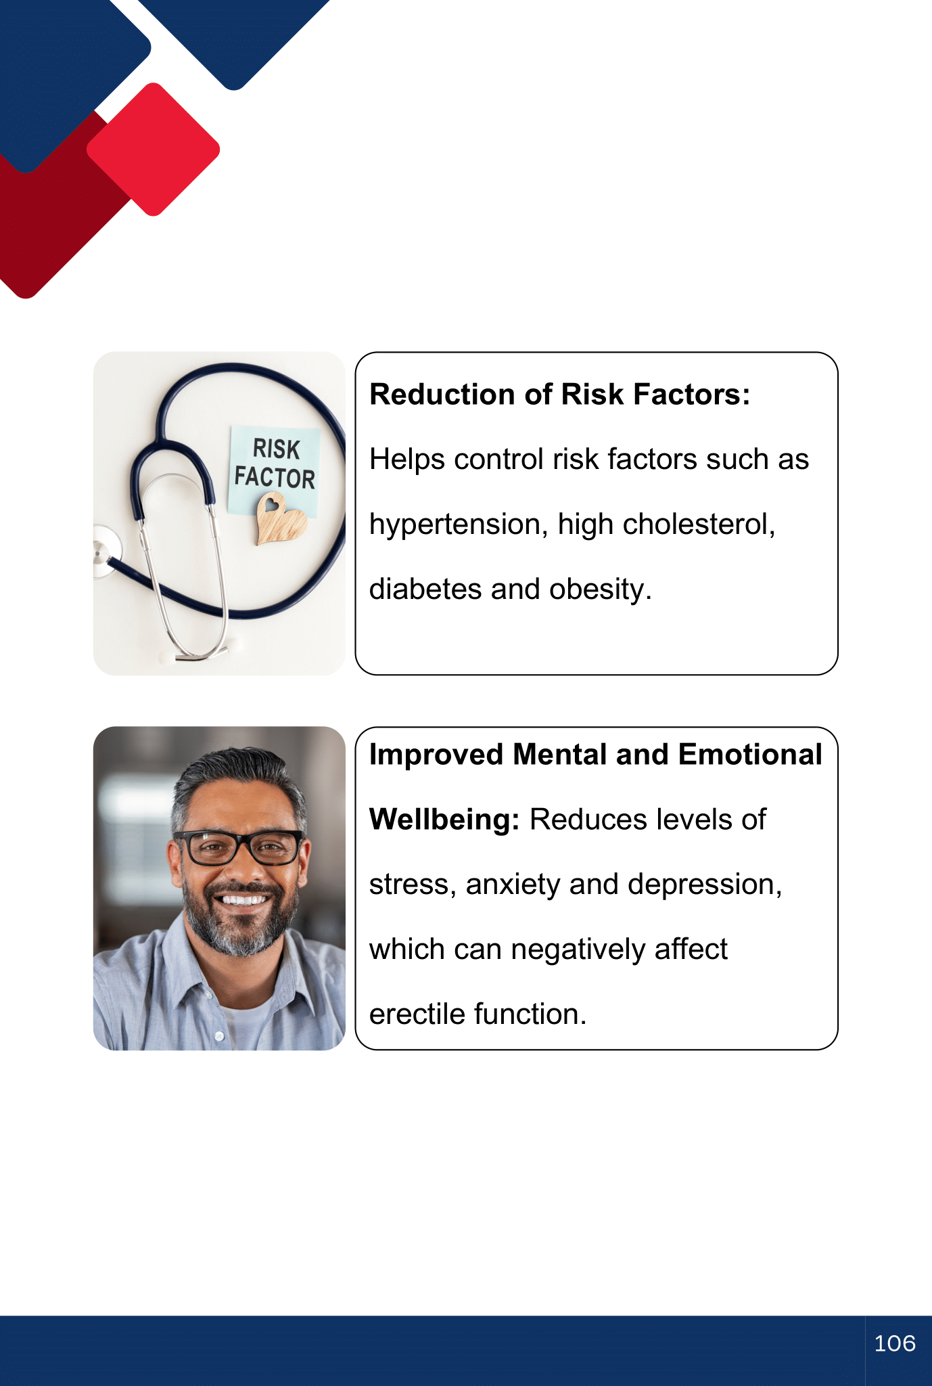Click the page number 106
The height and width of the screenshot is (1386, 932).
[x=894, y=1343]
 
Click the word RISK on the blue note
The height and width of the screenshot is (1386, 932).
[x=276, y=449]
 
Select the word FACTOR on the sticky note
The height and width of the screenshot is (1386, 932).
[x=275, y=477]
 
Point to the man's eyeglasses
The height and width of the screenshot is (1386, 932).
[x=239, y=847]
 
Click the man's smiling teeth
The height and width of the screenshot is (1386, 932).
[x=244, y=900]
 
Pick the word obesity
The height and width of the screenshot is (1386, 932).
[x=601, y=589]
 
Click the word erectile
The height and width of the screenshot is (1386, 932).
[x=417, y=1014]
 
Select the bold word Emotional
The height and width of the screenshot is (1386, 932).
[x=750, y=755]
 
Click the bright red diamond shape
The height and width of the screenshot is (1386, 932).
[x=154, y=150]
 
